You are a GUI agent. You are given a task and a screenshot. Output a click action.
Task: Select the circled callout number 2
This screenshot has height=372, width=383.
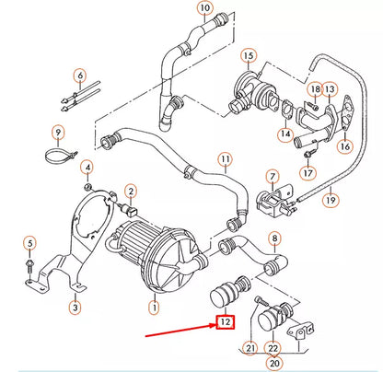point(132,189)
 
